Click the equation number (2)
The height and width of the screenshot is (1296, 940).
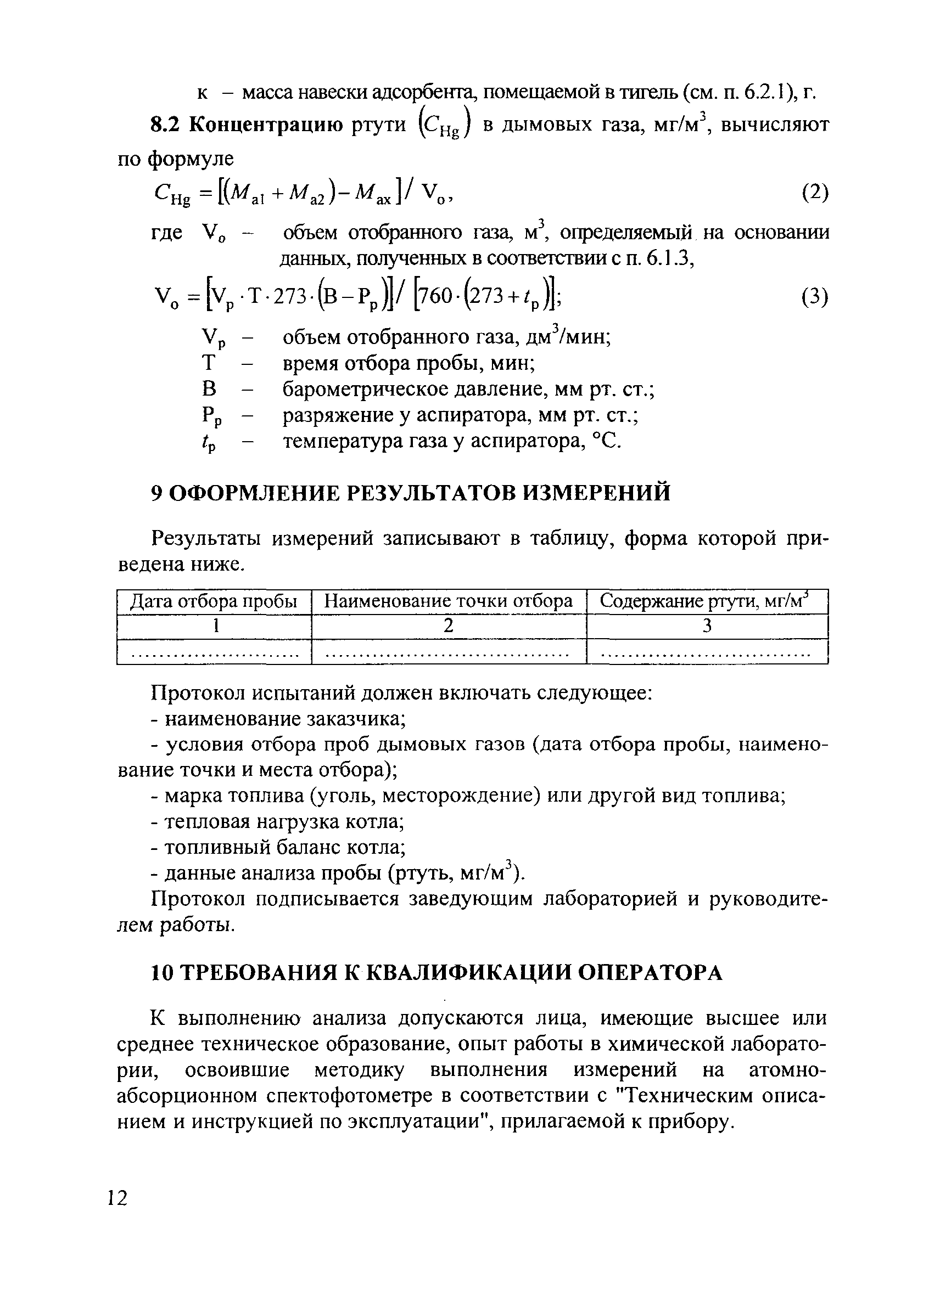point(814,193)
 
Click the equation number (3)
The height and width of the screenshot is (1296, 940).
point(814,297)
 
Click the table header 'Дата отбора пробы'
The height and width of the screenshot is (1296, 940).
point(214,602)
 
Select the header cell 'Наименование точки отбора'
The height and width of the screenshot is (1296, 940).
point(449,602)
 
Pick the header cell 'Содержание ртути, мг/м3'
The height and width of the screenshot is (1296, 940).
point(706,602)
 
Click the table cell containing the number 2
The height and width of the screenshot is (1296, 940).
point(449,626)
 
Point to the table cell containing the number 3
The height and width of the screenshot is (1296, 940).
point(707,626)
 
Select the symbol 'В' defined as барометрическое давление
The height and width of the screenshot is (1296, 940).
point(209,389)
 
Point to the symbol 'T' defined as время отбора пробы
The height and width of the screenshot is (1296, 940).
point(209,363)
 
